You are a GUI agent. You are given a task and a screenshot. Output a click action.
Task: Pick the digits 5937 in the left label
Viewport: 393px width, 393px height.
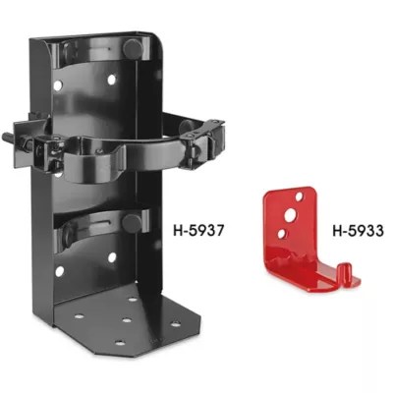pos(203,233)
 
